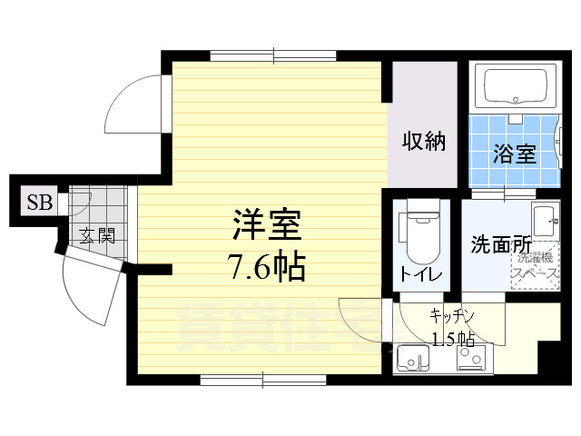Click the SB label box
pos(38,202)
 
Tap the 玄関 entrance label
pos(96,237)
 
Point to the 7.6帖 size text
pos(266,266)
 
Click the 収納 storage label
pos(424,143)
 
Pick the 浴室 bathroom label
pos(515,154)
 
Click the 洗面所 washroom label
pos(500,244)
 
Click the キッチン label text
pos(452,315)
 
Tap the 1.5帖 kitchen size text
pos(452,339)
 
